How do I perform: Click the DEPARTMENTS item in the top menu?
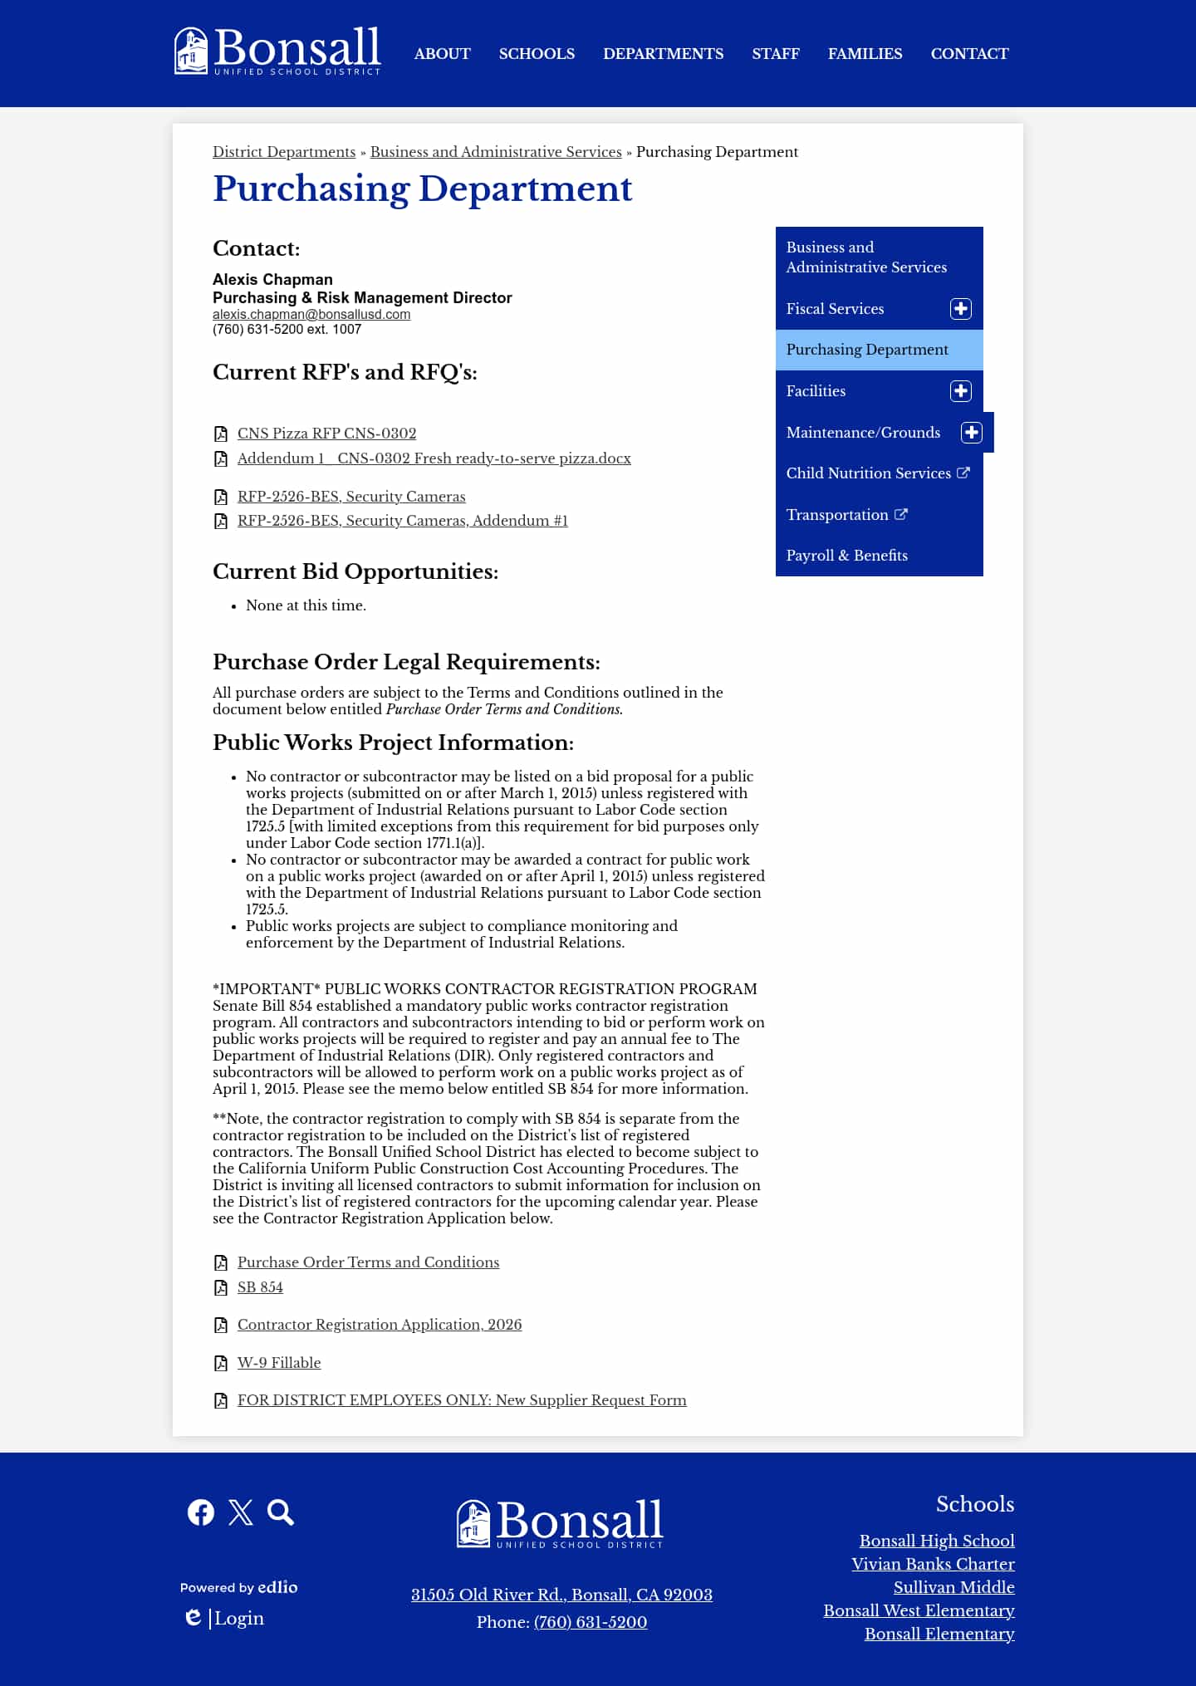[x=663, y=54]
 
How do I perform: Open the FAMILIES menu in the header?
[x=865, y=54]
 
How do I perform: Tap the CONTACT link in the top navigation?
[x=969, y=54]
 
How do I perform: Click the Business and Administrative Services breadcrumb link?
[x=496, y=152]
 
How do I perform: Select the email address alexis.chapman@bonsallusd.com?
[x=311, y=315]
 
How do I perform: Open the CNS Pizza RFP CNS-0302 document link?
[x=326, y=434]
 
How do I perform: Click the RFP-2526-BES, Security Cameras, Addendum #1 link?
[x=402, y=521]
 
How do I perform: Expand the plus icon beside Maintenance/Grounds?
[x=971, y=433]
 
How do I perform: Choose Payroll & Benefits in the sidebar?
[x=846, y=556]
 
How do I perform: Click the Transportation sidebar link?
[x=837, y=515]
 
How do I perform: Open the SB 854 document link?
[x=260, y=1287]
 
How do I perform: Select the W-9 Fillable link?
[x=279, y=1363]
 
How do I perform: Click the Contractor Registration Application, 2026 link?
[x=380, y=1325]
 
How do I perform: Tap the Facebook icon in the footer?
[x=201, y=1512]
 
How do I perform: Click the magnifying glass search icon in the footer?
[x=281, y=1512]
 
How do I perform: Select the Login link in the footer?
[x=239, y=1618]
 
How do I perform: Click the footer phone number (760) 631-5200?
[x=590, y=1622]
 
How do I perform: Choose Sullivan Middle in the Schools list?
[x=953, y=1587]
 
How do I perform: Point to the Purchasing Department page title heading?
[x=422, y=189]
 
